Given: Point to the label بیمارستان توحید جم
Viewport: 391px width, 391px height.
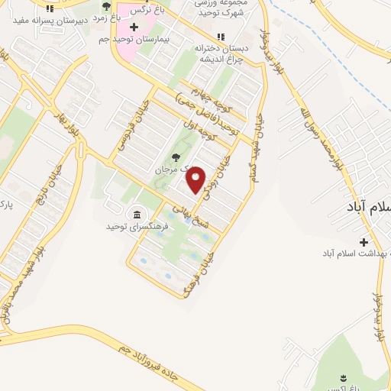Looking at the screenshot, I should pyautogui.click(x=159, y=37).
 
